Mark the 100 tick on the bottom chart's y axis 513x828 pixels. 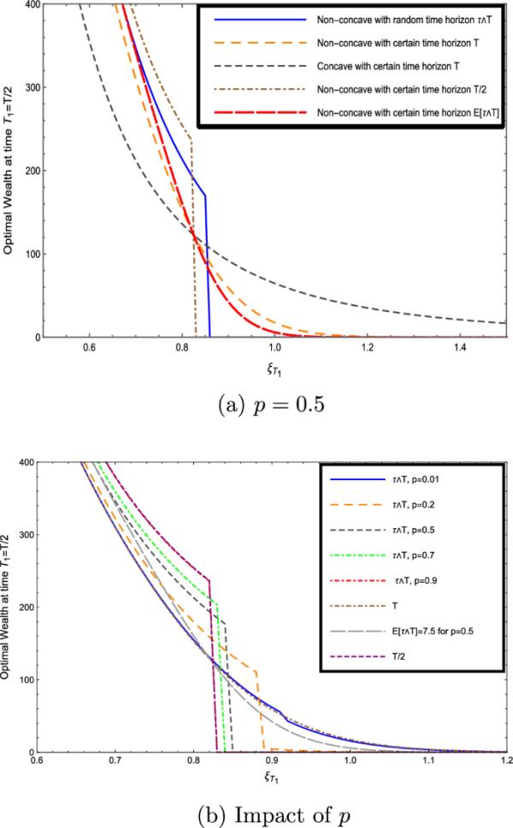click(20, 679)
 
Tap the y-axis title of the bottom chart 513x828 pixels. click(8, 607)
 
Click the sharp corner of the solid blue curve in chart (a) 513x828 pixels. click(205, 197)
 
